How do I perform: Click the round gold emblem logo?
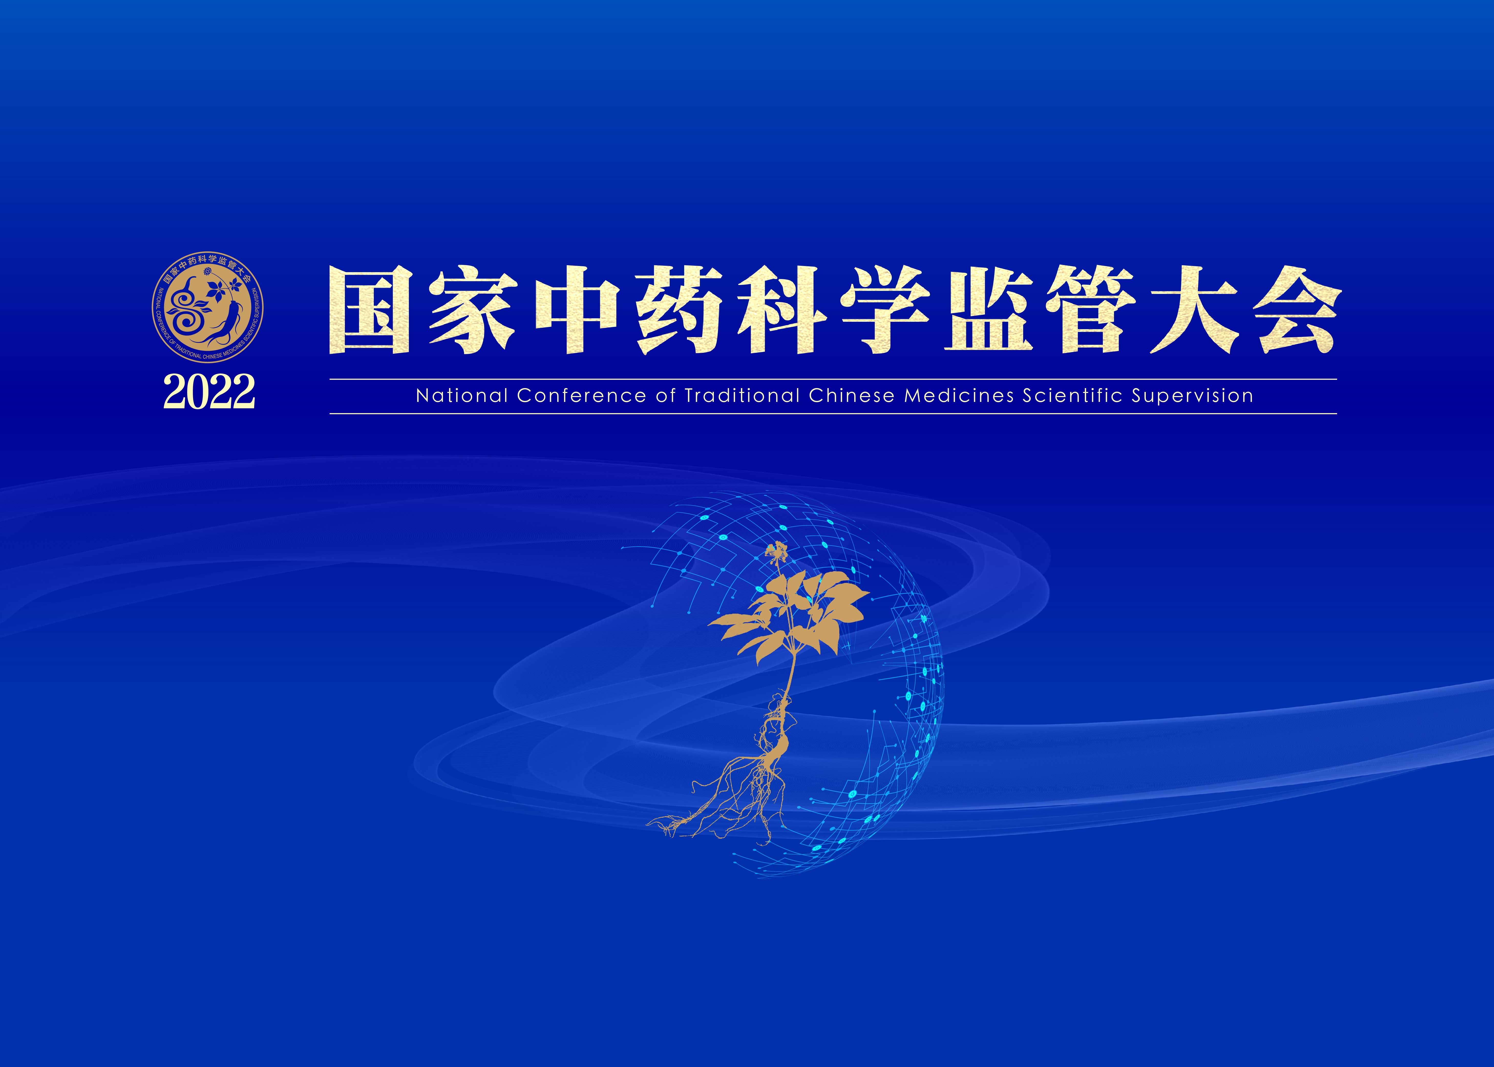208,307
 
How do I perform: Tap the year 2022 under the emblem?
209,392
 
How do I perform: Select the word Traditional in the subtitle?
743,396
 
